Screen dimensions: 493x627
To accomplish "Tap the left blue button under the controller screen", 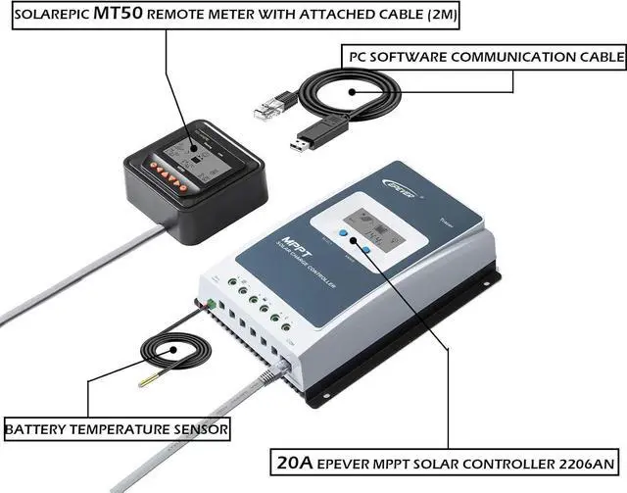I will point(345,235).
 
